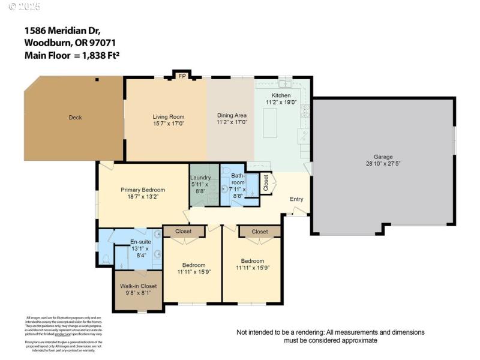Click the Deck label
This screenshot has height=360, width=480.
pos(75,118)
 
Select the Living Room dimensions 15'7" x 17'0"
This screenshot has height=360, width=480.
pos(168,123)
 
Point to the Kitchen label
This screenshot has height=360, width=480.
pos(281,95)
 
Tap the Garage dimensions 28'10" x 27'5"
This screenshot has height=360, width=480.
pos(383,163)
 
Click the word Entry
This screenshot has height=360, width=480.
pos(296,199)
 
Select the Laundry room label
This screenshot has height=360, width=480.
pos(200,178)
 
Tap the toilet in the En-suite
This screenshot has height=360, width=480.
pos(106,259)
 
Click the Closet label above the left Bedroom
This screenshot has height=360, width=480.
pos(184,232)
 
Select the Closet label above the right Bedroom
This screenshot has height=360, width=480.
pos(260,232)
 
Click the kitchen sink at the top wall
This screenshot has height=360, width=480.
pos(284,83)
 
